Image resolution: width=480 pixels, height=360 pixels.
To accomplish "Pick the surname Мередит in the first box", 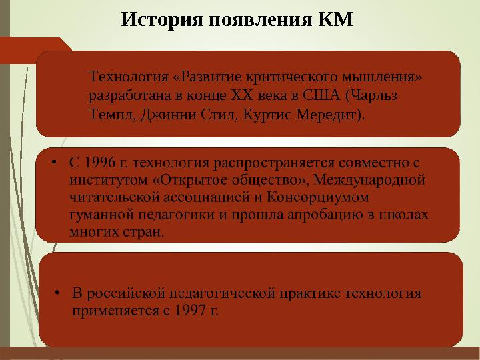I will (334, 113).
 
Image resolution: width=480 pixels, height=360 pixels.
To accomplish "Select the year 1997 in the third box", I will (192, 311).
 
